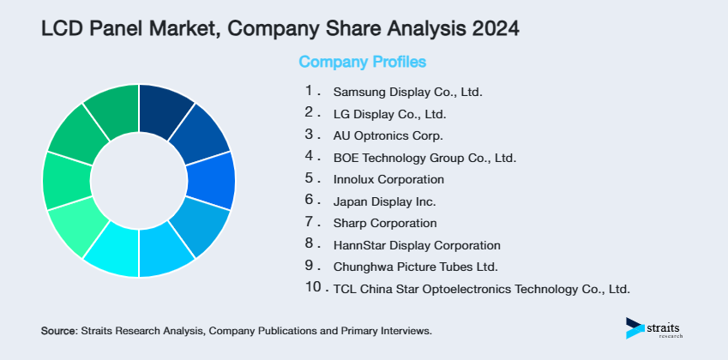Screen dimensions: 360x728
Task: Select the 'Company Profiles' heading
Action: [x=362, y=62]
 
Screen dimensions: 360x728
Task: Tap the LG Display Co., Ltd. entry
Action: [x=389, y=114]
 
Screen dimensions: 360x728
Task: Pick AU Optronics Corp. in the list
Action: [x=388, y=135]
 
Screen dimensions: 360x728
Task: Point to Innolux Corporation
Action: [x=388, y=180]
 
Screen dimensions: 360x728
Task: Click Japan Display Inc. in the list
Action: [x=384, y=202]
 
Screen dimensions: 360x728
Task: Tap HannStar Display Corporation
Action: [x=417, y=245]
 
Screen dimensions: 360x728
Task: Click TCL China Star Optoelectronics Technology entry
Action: [x=481, y=289]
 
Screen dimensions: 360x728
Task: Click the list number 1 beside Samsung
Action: [x=310, y=91]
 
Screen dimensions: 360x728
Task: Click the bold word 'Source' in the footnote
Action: [x=58, y=330]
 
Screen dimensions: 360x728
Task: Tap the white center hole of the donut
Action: [x=139, y=181]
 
